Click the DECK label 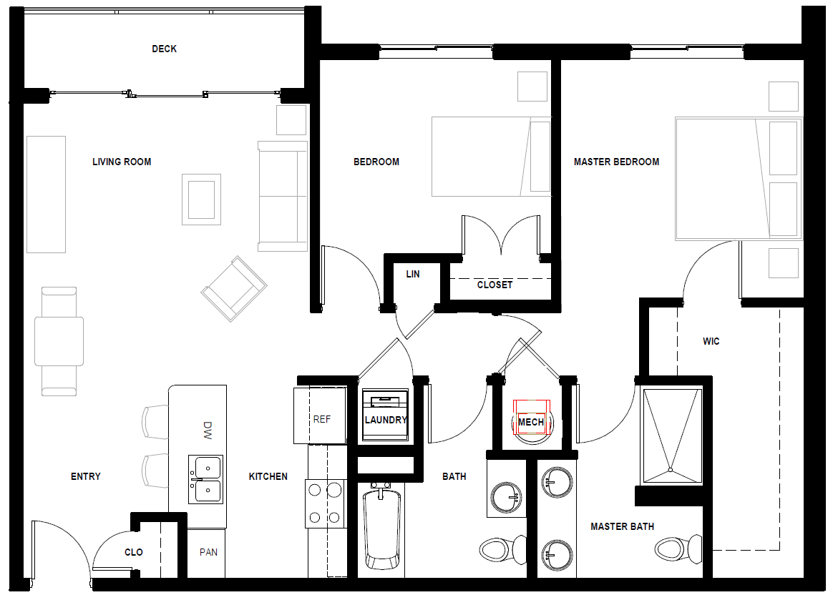[x=164, y=49]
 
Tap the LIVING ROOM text [x=122, y=162]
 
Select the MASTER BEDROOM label [x=616, y=162]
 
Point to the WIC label [x=711, y=341]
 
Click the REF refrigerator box [x=320, y=416]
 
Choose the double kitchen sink [x=205, y=479]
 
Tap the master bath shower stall [x=670, y=435]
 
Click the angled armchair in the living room [x=234, y=289]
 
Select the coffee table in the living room [x=201, y=200]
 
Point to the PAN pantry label [x=208, y=552]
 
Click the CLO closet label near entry [x=134, y=552]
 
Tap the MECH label [x=530, y=422]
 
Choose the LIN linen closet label [x=413, y=274]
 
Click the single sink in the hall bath [x=507, y=496]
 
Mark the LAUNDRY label [x=386, y=420]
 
